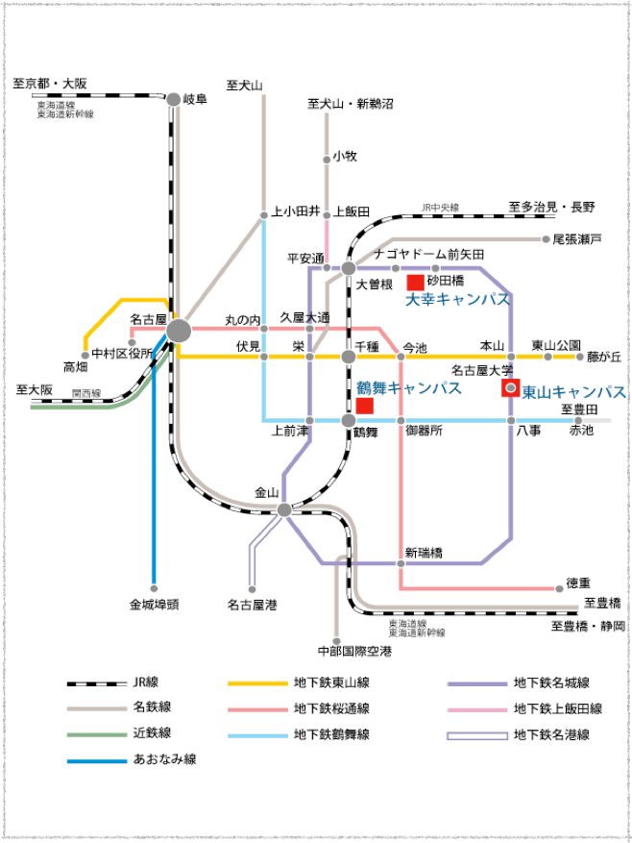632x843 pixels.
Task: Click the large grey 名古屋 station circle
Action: coord(179,331)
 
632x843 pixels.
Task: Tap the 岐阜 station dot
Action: coord(174,99)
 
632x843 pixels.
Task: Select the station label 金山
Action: coord(267,492)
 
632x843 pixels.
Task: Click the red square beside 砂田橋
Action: coord(416,283)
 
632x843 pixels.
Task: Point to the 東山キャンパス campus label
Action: coord(574,392)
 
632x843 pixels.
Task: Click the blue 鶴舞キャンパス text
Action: coord(409,388)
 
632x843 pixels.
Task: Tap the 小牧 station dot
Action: coord(327,160)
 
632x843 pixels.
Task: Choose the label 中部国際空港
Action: coord(354,652)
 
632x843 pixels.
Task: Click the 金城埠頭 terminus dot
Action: coord(154,588)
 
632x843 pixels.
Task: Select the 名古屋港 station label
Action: coord(252,606)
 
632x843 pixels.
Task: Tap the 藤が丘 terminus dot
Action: coord(579,357)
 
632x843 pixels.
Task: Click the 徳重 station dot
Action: coord(559,588)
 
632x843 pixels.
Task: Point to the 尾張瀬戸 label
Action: coord(577,239)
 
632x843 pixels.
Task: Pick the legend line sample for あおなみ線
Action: coord(97,760)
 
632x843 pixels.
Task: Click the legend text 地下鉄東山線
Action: coord(331,682)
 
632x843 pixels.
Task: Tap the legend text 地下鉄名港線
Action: coord(551,734)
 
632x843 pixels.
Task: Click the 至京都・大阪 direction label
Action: coord(50,84)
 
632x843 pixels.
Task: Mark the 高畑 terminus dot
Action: coord(85,355)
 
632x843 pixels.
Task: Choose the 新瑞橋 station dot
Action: coord(401,563)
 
